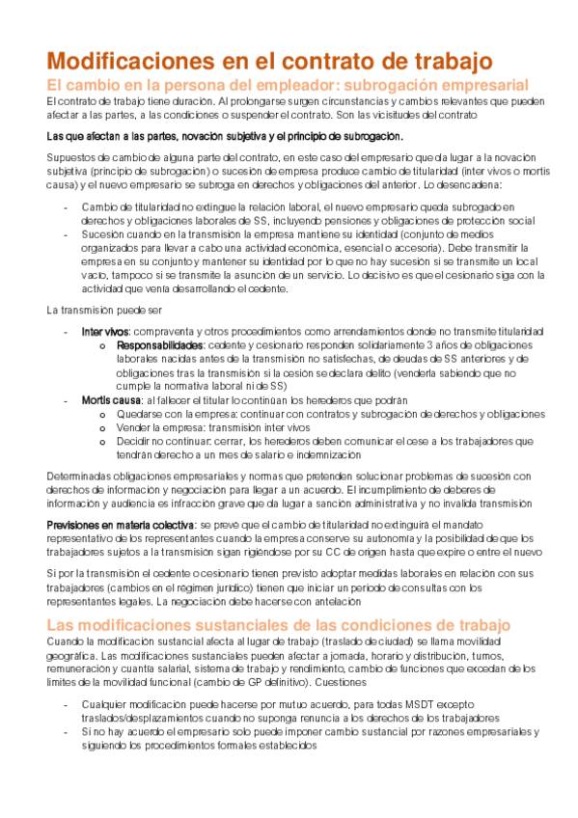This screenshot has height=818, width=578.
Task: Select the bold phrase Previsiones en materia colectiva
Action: point(119,523)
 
